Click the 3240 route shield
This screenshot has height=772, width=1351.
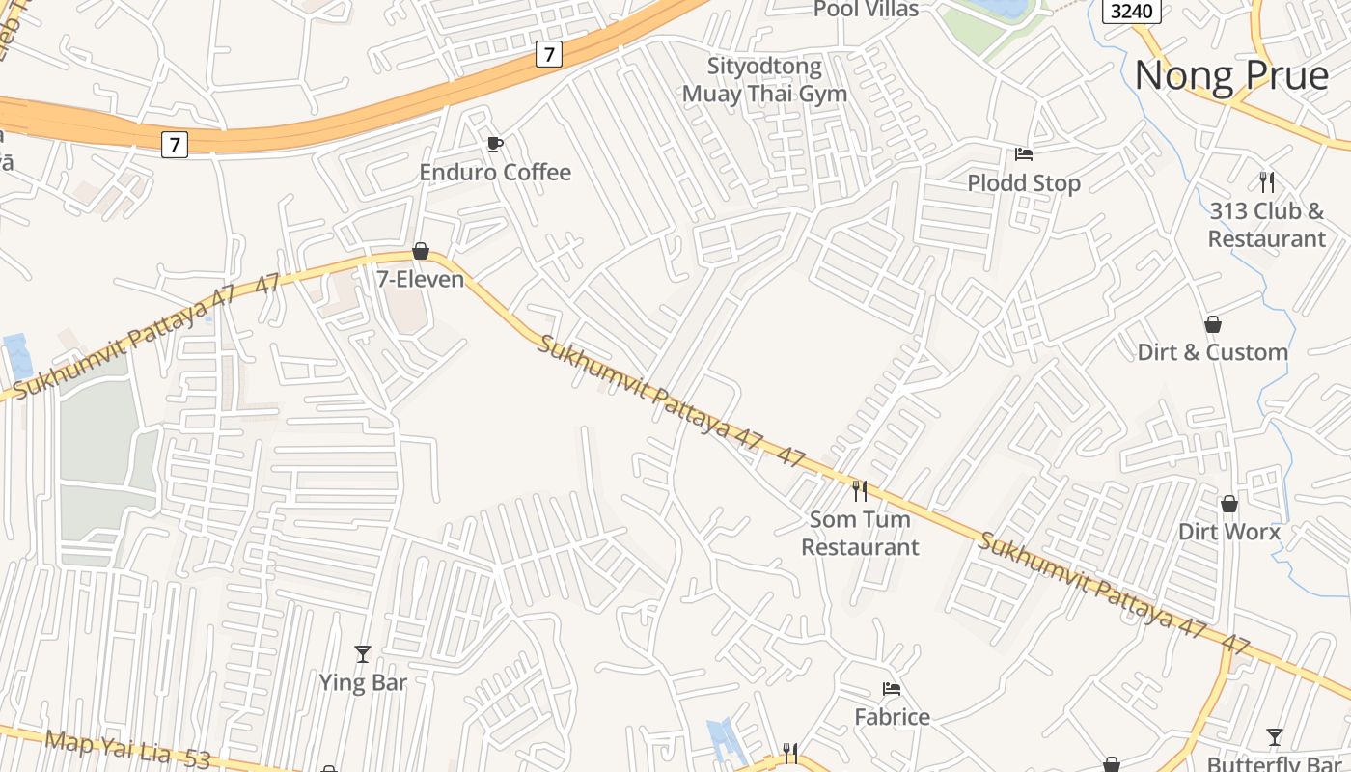click(1131, 11)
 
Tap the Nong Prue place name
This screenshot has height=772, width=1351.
click(1231, 75)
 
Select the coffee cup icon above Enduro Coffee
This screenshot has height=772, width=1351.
click(495, 145)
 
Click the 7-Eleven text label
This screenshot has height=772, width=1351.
click(420, 280)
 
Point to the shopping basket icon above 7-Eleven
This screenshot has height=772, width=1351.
click(421, 252)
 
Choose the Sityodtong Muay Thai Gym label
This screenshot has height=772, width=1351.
click(764, 80)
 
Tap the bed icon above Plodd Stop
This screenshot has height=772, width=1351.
click(1024, 154)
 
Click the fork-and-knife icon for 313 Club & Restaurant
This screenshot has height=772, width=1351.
click(1267, 181)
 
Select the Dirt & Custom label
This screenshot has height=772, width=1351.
click(1212, 352)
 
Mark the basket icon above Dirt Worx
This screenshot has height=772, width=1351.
click(1229, 504)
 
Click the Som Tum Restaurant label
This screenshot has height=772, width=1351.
click(860, 534)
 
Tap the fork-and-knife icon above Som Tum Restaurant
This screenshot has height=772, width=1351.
click(860, 491)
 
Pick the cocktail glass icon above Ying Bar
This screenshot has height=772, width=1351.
click(363, 654)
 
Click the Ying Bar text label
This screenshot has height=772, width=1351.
click(363, 682)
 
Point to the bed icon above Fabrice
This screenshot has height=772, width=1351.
click(892, 689)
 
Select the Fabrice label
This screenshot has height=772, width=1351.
click(892, 717)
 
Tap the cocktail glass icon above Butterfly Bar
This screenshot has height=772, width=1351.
click(1275, 737)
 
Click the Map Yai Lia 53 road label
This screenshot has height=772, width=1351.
click(127, 750)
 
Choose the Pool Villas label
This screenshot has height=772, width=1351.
click(866, 9)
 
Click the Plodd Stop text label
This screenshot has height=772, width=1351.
click(1024, 182)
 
